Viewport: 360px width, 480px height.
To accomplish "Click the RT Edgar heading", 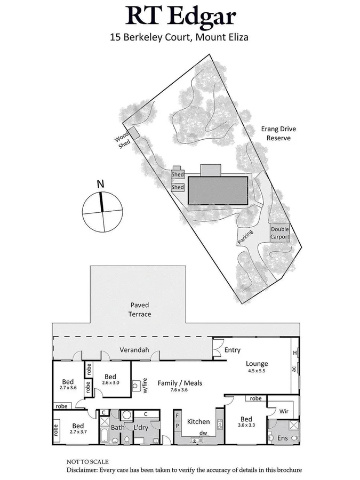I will [181, 17].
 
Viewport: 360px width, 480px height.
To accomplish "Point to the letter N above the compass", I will [100, 185].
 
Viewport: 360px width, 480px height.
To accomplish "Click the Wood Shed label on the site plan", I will [122, 142].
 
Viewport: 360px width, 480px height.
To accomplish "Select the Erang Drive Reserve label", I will [278, 133].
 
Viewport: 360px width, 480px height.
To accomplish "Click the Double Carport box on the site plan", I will [279, 233].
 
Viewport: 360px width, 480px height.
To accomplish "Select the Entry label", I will [232, 350].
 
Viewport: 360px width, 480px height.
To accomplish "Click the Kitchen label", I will [198, 422].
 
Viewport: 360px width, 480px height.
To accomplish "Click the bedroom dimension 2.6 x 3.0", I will [111, 383].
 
